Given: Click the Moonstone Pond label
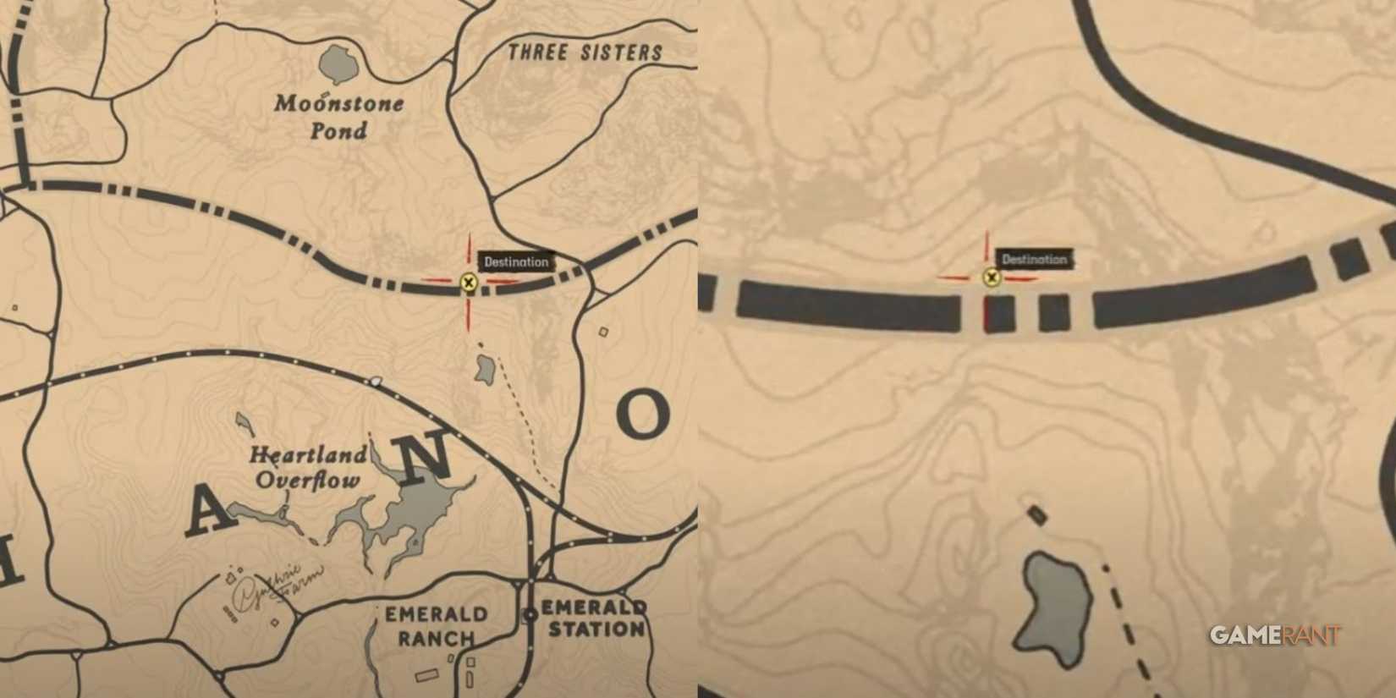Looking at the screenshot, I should pyautogui.click(x=338, y=117).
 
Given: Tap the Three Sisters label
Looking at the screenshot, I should pyautogui.click(x=585, y=52).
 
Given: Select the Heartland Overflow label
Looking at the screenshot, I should pyautogui.click(x=308, y=468).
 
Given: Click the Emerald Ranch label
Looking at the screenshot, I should pyautogui.click(x=436, y=626).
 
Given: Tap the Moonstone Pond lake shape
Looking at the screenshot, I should pyautogui.click(x=338, y=64).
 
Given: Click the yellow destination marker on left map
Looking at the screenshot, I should pyautogui.click(x=469, y=283).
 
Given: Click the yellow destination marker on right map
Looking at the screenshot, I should pyautogui.click(x=992, y=278).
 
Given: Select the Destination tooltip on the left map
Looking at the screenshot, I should pyautogui.click(x=516, y=262).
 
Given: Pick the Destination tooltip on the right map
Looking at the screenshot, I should pyautogui.click(x=1034, y=260).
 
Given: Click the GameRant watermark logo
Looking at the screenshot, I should pyautogui.click(x=1274, y=635).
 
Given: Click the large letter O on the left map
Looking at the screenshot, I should pyautogui.click(x=643, y=415).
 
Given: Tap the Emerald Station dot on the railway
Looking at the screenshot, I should pyautogui.click(x=530, y=615).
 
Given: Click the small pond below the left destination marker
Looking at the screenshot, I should pyautogui.click(x=485, y=370).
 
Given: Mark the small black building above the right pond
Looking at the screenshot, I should pyautogui.click(x=1036, y=514).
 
